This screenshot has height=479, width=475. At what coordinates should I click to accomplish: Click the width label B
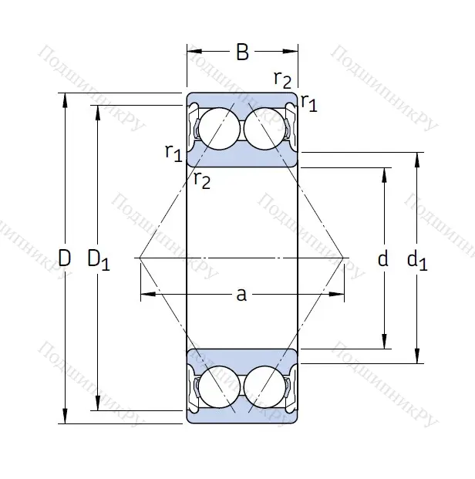tap(242, 52)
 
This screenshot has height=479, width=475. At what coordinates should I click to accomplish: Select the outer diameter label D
tap(65, 258)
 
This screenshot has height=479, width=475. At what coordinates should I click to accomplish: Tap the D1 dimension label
tap(98, 260)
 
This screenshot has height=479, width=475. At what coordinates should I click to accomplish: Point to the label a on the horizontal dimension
tap(241, 294)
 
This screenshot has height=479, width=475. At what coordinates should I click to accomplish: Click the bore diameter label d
tap(383, 260)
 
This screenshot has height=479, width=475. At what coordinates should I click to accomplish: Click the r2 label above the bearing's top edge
tap(283, 79)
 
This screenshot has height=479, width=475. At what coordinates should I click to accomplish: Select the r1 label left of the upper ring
tap(173, 152)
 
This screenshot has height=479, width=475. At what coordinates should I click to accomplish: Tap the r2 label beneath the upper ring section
tap(202, 180)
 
